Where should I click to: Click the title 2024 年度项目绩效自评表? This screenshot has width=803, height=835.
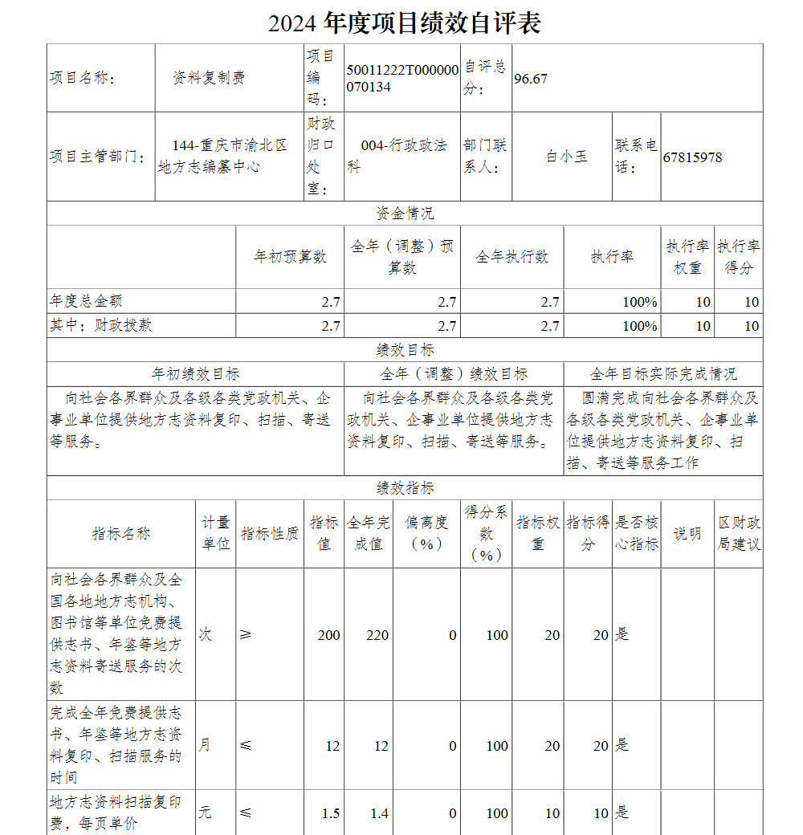[405, 22]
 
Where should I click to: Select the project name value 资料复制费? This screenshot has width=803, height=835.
[209, 78]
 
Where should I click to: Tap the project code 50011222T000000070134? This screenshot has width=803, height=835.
[402, 78]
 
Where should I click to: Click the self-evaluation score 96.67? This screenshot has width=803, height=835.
[531, 79]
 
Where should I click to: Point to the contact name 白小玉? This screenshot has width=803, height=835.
[567, 157]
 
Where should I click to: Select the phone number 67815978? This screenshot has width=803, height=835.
[692, 157]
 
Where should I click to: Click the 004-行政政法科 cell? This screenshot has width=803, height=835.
[401, 156]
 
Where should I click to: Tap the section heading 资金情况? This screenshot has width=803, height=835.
[405, 214]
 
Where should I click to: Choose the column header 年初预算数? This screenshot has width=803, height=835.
[290, 257]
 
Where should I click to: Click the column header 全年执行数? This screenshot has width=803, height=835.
[512, 257]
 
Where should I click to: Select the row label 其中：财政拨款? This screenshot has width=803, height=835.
[101, 325]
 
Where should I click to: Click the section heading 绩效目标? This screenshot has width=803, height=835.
[405, 350]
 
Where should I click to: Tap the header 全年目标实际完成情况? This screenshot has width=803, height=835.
[662, 374]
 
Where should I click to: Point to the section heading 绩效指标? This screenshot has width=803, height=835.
[405, 488]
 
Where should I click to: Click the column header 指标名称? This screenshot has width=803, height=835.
[120, 534]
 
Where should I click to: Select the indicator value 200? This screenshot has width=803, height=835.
[328, 635]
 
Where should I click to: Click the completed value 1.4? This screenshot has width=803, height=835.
[379, 813]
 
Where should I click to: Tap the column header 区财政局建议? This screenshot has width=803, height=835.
[739, 533]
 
